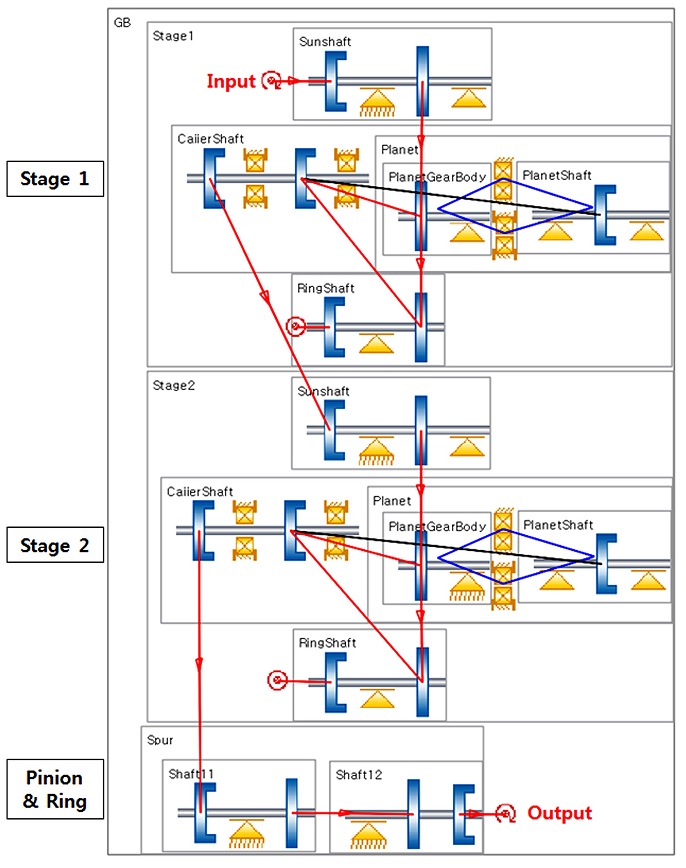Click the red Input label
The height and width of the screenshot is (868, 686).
pyautogui.click(x=231, y=81)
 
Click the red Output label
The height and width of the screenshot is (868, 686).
pyautogui.click(x=559, y=813)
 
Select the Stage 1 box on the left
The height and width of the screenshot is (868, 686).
pyautogui.click(x=61, y=180)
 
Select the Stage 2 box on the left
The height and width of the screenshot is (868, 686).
pyautogui.click(x=61, y=546)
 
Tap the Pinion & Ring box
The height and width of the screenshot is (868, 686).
pyautogui.click(x=61, y=790)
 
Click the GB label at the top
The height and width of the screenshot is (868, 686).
pyautogui.click(x=122, y=21)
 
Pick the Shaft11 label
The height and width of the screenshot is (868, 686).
pyautogui.click(x=190, y=773)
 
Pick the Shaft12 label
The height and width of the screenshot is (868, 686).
pyautogui.click(x=357, y=773)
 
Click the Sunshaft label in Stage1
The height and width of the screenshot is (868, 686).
pyautogui.click(x=325, y=41)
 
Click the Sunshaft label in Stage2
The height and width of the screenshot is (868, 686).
pyautogui.click(x=323, y=391)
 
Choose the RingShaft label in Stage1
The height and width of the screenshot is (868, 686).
pyautogui.click(x=326, y=288)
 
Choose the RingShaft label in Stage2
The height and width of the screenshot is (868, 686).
pyautogui.click(x=326, y=643)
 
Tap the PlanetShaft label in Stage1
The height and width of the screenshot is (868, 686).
pyautogui.click(x=557, y=175)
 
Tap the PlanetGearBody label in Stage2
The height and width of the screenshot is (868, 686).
pyautogui.click(x=436, y=526)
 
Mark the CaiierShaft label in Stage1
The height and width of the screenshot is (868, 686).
pyautogui.click(x=210, y=139)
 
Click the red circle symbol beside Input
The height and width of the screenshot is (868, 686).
pyautogui.click(x=270, y=81)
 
